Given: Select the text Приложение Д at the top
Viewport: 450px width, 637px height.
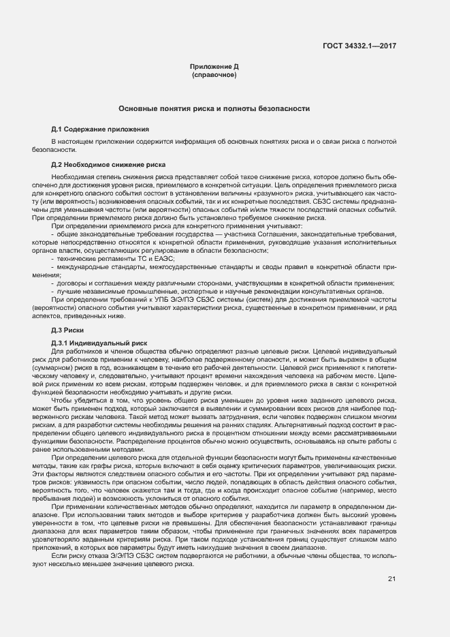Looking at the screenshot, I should [214, 66].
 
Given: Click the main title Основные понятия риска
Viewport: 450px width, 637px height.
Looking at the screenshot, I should [214, 108].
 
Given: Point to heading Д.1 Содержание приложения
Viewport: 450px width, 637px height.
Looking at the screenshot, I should [100, 129].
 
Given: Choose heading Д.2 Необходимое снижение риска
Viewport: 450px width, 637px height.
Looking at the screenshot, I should [108, 165].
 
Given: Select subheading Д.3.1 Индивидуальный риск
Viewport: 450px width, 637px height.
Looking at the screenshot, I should [95, 342].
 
